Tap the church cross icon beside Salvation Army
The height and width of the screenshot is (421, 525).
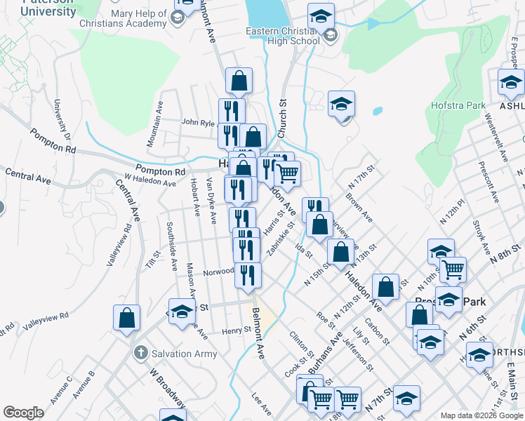(140, 354)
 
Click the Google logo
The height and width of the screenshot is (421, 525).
(23, 413)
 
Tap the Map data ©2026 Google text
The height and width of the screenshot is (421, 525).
(481, 415)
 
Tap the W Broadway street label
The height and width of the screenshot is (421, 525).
(166, 385)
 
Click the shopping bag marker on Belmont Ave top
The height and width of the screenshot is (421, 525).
(239, 81)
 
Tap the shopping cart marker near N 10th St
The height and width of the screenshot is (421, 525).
(453, 269)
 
